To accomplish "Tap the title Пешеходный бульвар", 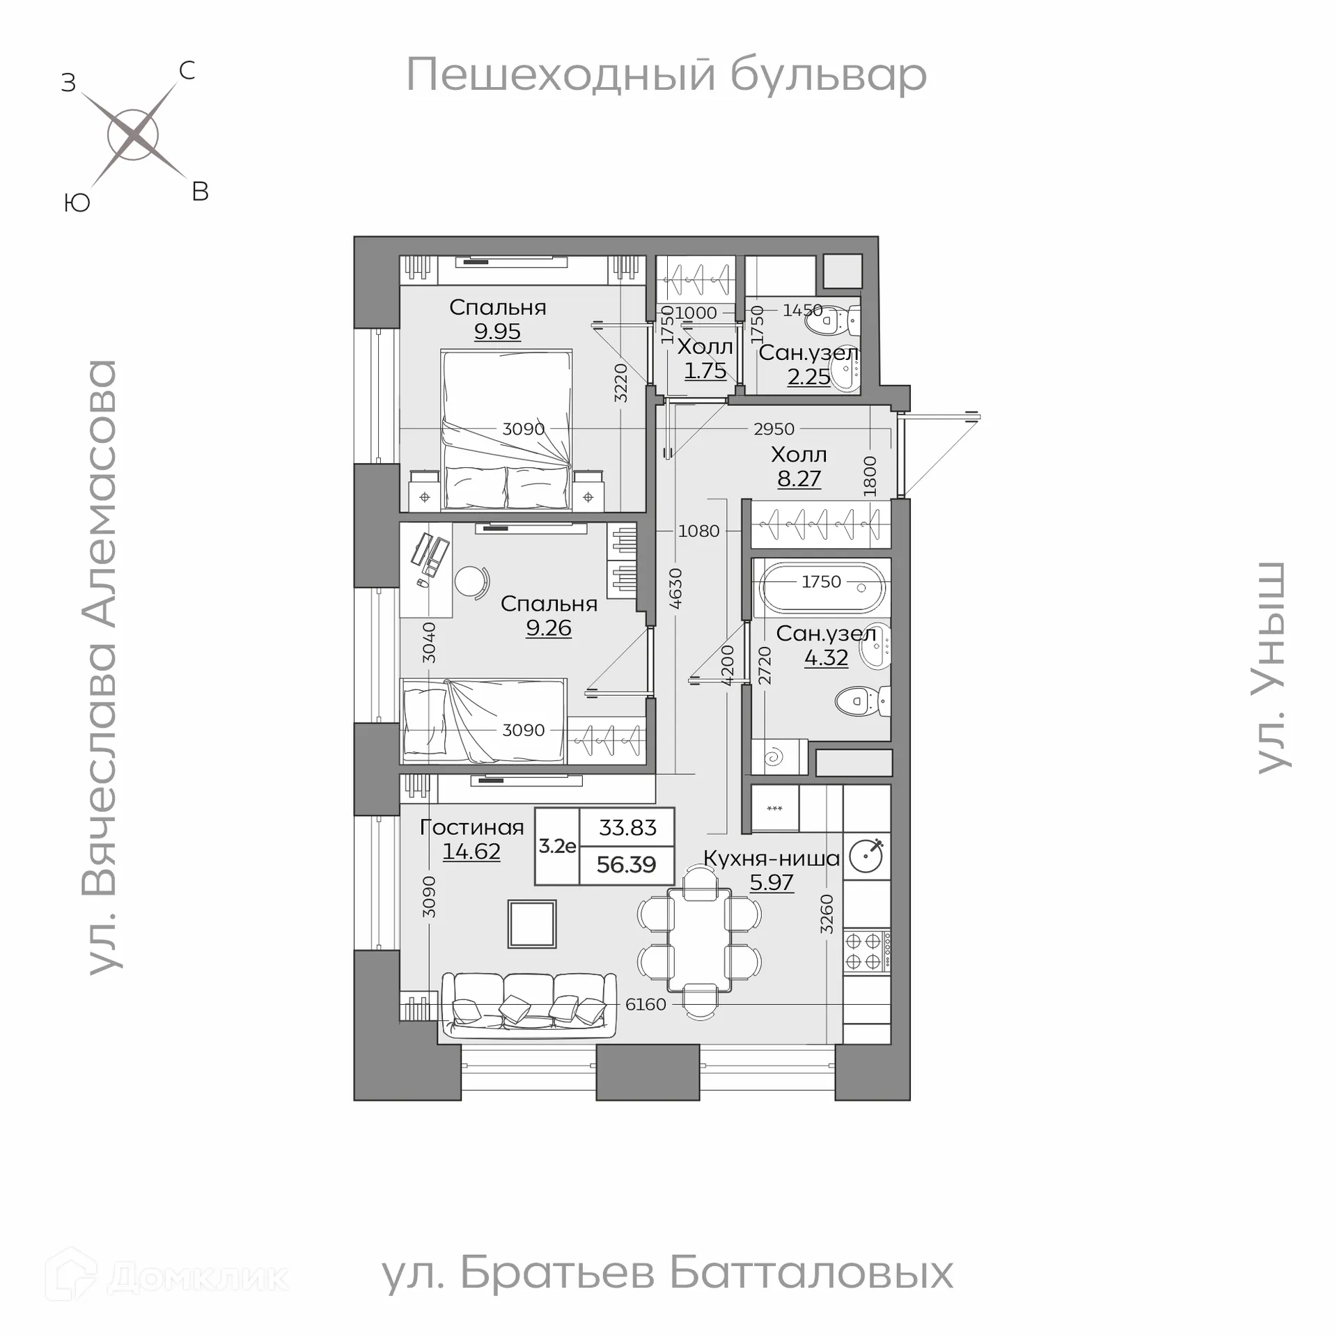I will pyautogui.click(x=666, y=75).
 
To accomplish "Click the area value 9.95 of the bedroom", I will pyautogui.click(x=497, y=331).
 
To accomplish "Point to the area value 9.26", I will pyautogui.click(x=549, y=628).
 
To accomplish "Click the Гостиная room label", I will pyautogui.click(x=471, y=827).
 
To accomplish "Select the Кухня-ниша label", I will pyautogui.click(x=772, y=859).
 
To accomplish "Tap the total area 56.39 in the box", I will pyautogui.click(x=626, y=865).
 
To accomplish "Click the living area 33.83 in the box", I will pyautogui.click(x=627, y=827).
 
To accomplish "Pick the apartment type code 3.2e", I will pyautogui.click(x=557, y=846).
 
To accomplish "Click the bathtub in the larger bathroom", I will pyautogui.click(x=822, y=588).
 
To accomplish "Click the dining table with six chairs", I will pyautogui.click(x=699, y=940).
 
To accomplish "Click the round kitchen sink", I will pyautogui.click(x=867, y=856).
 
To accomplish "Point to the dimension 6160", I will pyautogui.click(x=646, y=1004).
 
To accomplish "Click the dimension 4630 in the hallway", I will pyautogui.click(x=675, y=589).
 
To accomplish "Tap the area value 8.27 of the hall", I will pyautogui.click(x=799, y=479).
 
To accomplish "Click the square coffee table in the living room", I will pyautogui.click(x=532, y=924).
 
